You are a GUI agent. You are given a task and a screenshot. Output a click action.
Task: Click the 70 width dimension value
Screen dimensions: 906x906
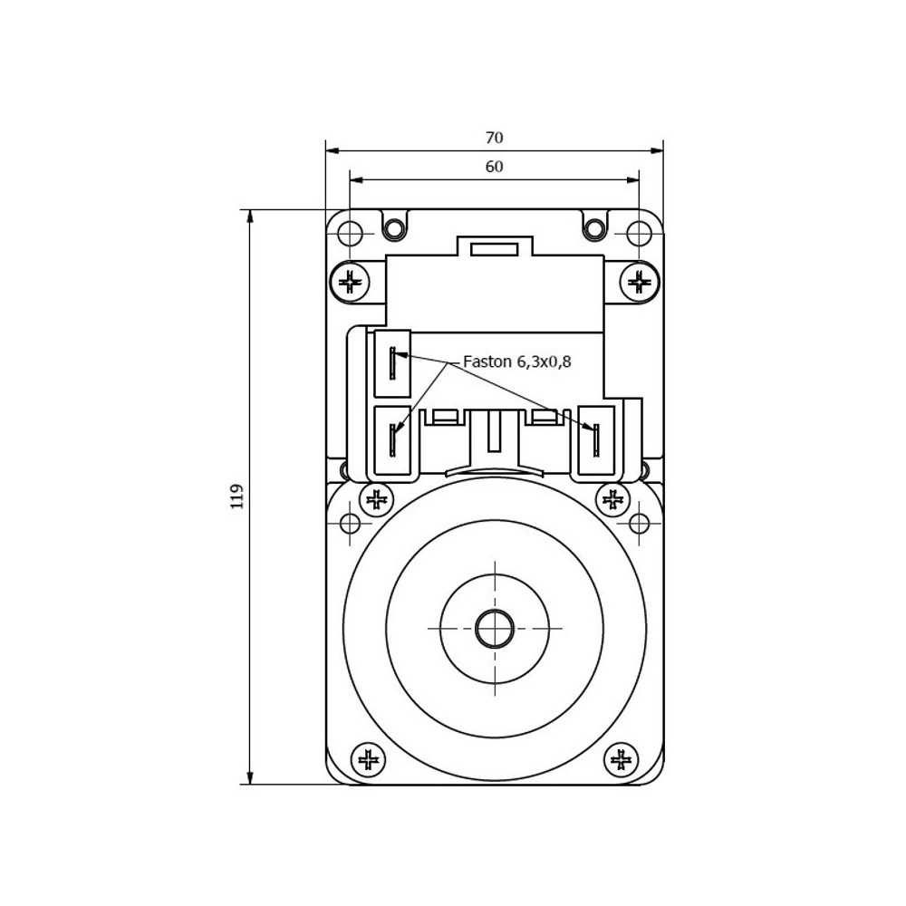tap(494, 138)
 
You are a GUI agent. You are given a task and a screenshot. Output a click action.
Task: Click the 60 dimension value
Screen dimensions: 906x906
tap(494, 167)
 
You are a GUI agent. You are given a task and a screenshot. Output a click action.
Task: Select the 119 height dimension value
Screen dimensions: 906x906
tap(236, 496)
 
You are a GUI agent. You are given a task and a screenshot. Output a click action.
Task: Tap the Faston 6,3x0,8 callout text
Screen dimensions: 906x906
tap(517, 361)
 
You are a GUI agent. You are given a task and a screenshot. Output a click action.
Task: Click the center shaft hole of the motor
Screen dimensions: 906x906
tap(495, 629)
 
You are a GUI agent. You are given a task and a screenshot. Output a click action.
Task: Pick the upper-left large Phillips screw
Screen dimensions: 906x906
tap(350, 283)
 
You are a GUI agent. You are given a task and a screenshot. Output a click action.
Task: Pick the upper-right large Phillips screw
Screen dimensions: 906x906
tap(639, 283)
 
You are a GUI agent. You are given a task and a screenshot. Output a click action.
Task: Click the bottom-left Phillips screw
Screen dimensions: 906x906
tap(369, 760)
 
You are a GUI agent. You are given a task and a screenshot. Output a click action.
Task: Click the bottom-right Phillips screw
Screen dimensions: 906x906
tap(622, 760)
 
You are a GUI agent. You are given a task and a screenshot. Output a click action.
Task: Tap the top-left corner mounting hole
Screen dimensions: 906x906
tap(350, 234)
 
